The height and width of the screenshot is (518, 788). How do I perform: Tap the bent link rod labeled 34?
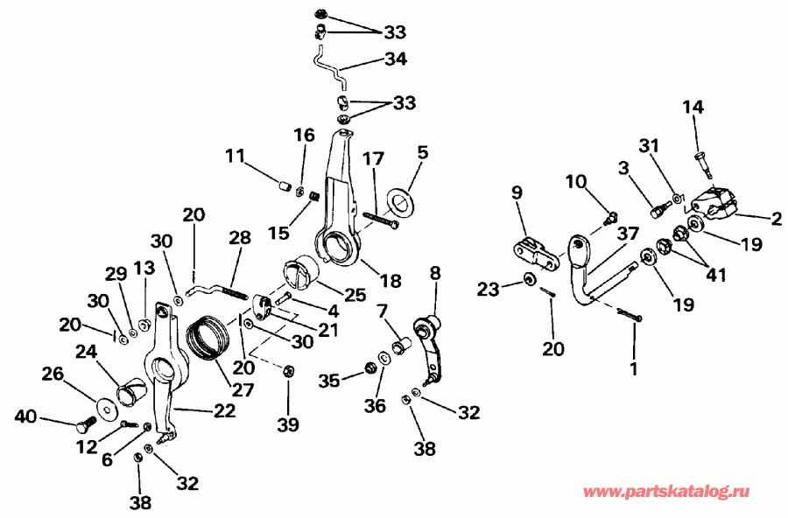point(330,68)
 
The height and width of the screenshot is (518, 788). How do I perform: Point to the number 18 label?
point(390,281)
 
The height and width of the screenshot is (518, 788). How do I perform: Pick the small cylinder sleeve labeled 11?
point(282,185)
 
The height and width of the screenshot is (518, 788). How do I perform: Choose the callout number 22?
point(224,410)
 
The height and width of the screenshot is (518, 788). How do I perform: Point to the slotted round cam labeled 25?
point(299,271)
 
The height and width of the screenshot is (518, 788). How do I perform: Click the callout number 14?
point(693,107)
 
